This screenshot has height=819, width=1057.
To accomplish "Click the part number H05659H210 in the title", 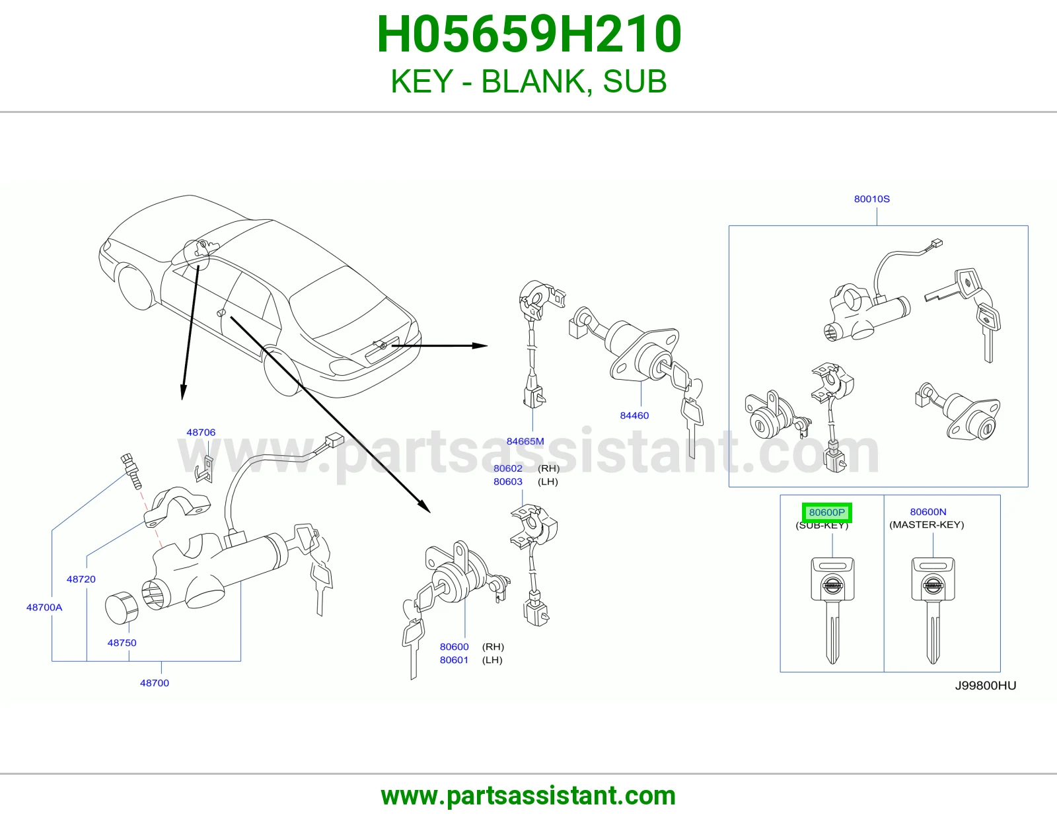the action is click(528, 34).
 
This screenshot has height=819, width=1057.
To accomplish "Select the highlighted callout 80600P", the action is click(826, 513).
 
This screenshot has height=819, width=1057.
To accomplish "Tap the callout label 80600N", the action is click(928, 512).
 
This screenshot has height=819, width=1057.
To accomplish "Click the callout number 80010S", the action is click(871, 199).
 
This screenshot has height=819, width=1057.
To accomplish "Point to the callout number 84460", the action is click(634, 415).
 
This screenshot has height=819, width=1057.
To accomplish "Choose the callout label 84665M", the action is click(525, 441).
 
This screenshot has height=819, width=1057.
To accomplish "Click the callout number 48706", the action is click(201, 433).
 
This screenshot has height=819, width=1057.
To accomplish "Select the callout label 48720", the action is click(81, 579).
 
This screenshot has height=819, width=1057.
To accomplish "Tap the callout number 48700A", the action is click(44, 608).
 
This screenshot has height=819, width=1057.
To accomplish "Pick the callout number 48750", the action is click(122, 643).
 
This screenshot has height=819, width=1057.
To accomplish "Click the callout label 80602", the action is click(508, 468).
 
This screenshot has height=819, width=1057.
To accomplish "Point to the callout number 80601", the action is click(454, 660).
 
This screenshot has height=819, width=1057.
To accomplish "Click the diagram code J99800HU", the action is click(986, 686).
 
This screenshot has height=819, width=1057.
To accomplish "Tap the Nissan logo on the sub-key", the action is click(832, 585).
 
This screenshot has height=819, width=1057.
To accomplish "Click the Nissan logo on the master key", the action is click(933, 585).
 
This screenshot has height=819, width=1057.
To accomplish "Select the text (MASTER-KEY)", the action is click(927, 525).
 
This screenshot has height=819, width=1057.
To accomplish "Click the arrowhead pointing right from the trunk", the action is click(480, 345).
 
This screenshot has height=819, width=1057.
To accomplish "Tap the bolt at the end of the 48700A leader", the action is click(131, 471).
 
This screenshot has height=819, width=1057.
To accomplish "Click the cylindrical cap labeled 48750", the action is click(122, 608).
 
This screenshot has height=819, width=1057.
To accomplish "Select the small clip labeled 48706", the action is click(205, 469).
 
